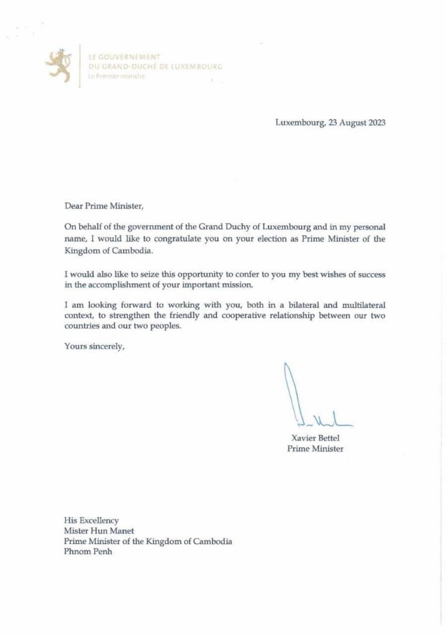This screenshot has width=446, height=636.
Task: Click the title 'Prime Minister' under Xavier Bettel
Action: pyautogui.click(x=314, y=448)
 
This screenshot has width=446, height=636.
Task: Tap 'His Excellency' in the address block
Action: pyautogui.click(x=91, y=520)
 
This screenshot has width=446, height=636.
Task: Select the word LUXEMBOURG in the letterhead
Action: pyautogui.click(x=194, y=66)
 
